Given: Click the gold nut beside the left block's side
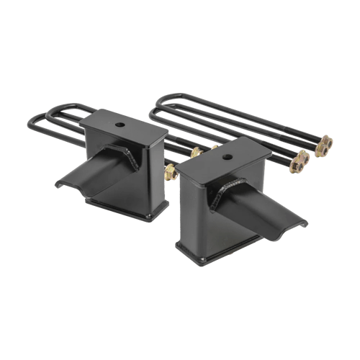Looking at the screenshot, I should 171,173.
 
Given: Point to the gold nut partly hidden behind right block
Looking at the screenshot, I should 196,153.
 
